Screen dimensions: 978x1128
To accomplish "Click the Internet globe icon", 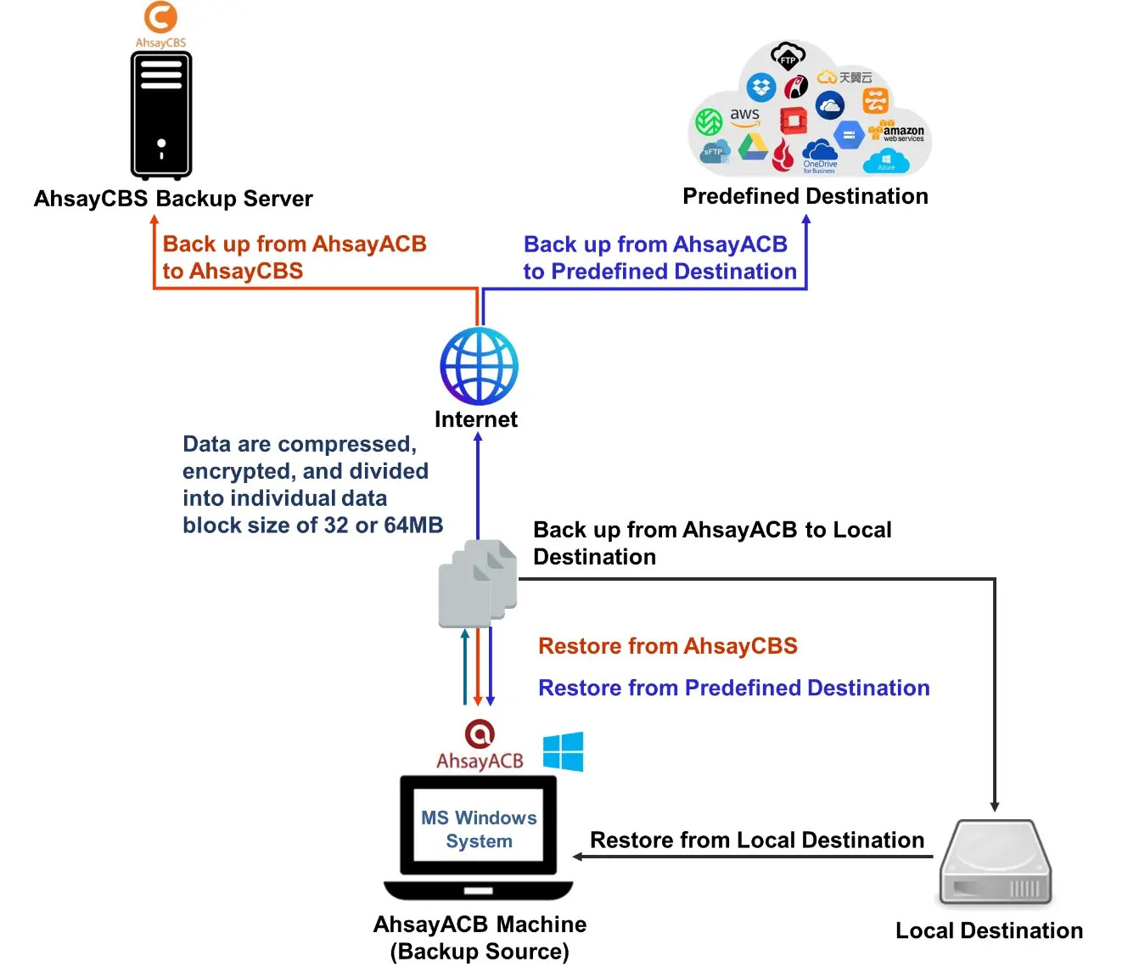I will pos(479,366).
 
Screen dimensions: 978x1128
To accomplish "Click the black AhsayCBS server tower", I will pos(161,115).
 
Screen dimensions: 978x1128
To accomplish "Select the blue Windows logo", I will pos(564,751).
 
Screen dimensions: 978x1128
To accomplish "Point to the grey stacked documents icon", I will pos(478,583).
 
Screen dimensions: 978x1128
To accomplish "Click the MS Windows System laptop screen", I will pos(479,829).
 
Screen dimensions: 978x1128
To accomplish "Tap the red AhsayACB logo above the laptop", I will pos(480,734).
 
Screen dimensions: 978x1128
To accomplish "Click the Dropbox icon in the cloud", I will pos(761,87).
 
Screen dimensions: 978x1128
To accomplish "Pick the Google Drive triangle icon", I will pos(752,148).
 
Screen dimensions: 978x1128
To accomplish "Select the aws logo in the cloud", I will pos(744,115).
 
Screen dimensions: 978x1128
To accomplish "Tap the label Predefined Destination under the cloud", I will pos(805,196).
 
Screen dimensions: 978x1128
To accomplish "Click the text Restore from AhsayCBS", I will pos(667,646).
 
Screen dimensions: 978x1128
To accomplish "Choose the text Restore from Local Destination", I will pos(756,840).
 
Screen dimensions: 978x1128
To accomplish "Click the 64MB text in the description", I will pos(413,526).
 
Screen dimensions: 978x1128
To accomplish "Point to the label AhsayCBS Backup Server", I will pos(173,199).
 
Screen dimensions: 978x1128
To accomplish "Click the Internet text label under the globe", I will pos(476,419).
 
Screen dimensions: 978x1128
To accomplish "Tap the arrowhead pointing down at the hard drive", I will pos(995,807).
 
